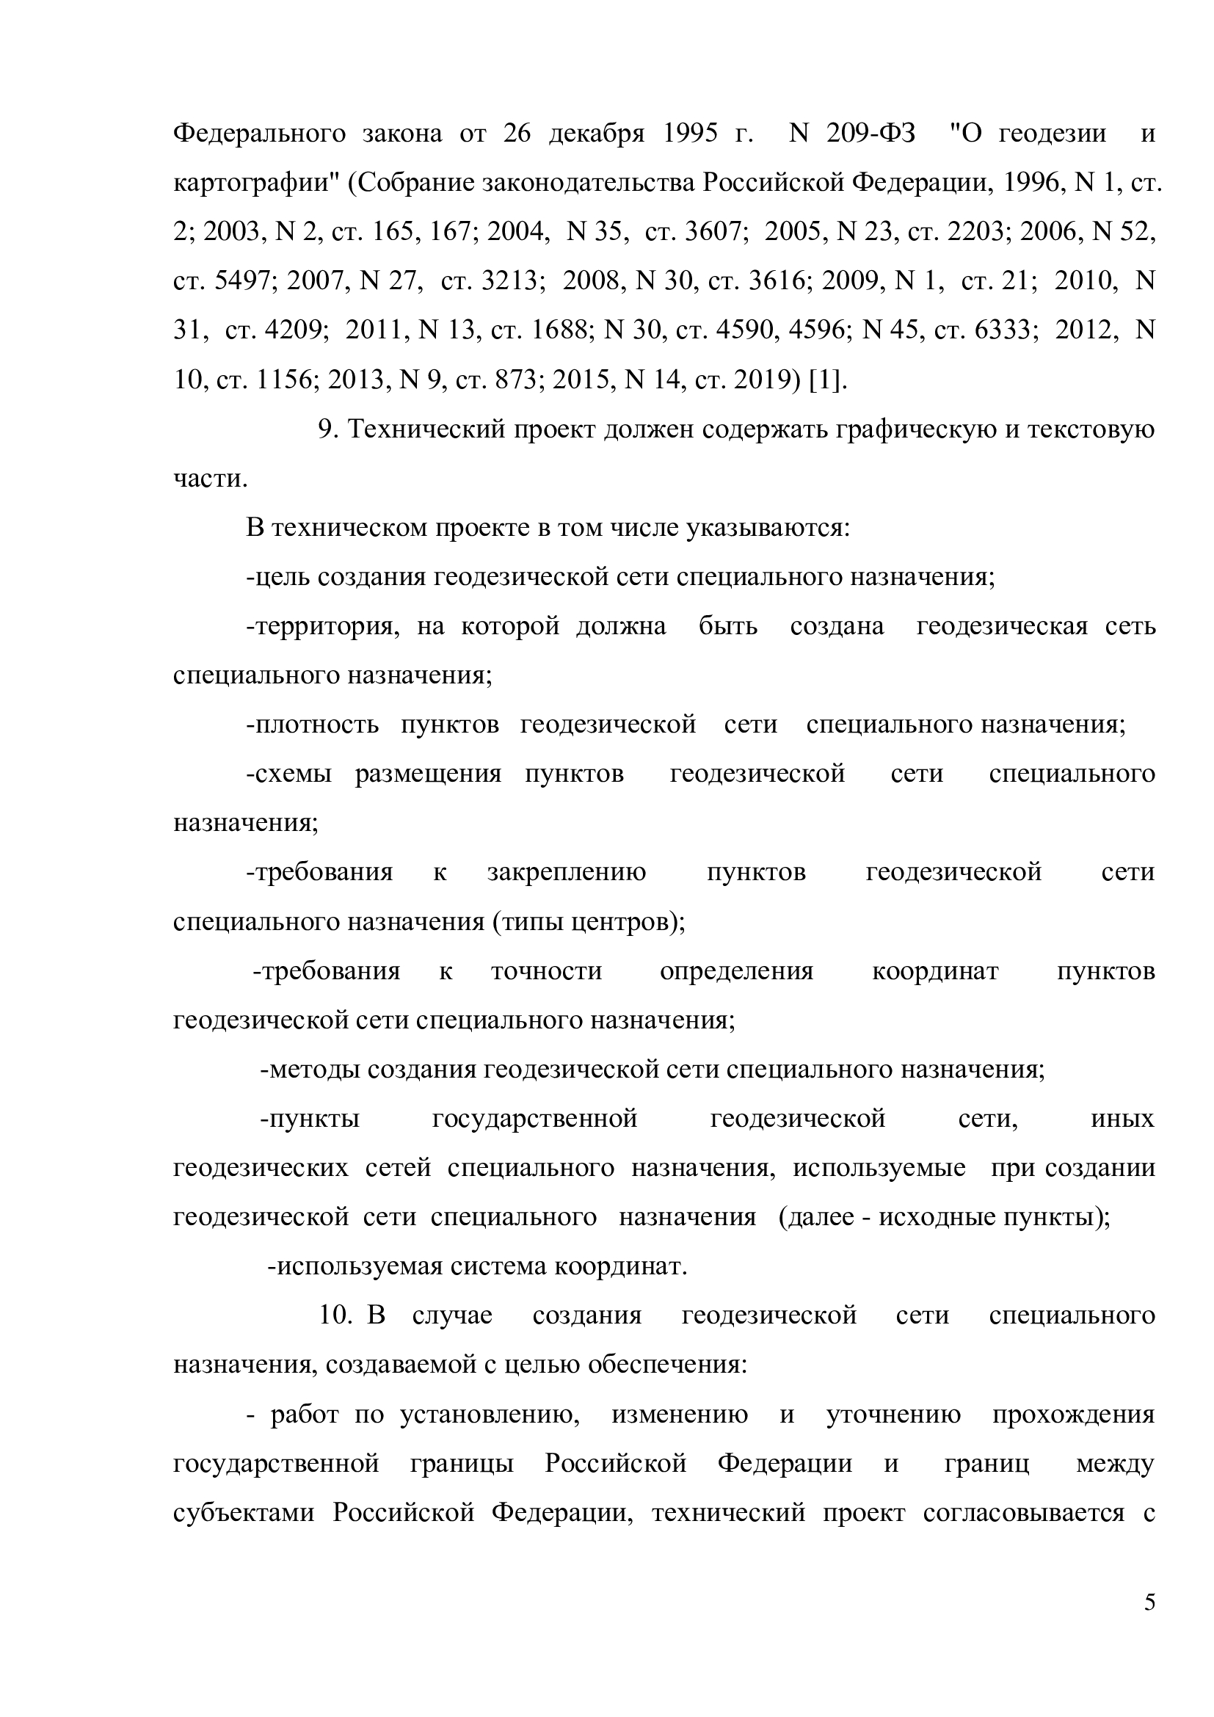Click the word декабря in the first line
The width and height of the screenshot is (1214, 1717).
[x=596, y=133]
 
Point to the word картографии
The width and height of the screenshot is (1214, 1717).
[x=255, y=183]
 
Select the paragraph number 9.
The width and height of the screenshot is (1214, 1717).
[x=326, y=429]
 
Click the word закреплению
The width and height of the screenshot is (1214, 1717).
[x=566, y=872]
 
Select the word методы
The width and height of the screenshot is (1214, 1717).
[x=310, y=1070]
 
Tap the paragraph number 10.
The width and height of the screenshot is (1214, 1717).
[x=335, y=1315]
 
